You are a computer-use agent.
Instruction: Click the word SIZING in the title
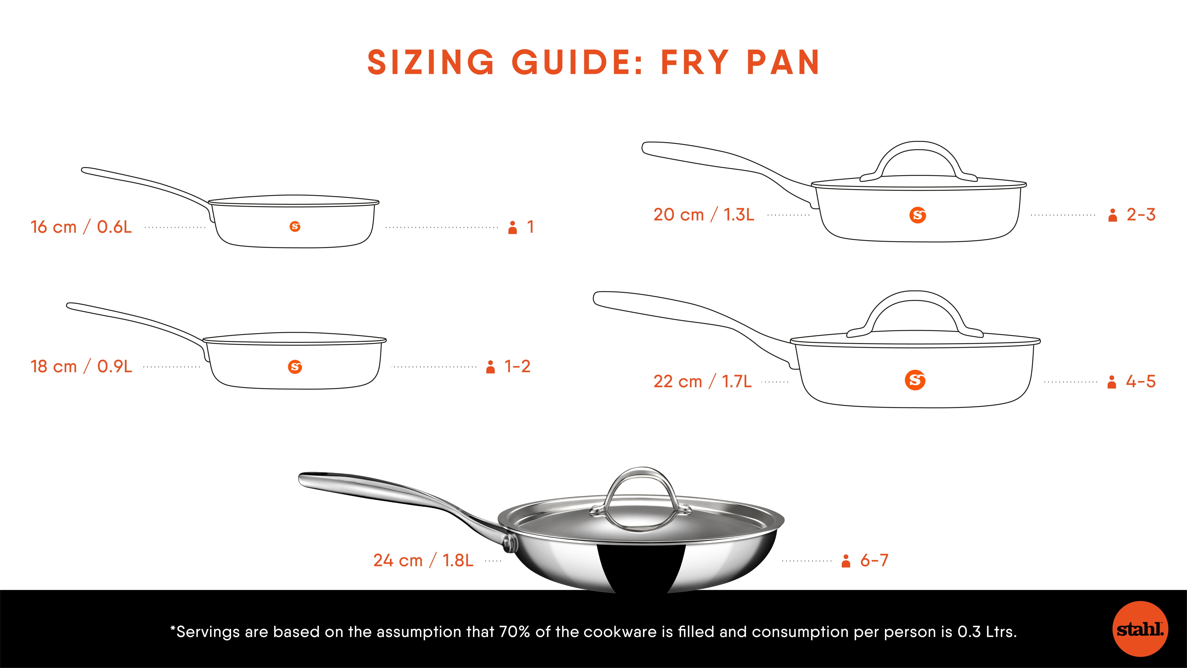431,62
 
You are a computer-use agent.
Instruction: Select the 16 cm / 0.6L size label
81,227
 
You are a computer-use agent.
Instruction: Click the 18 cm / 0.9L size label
81,367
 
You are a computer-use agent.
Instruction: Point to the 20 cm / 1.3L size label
704,214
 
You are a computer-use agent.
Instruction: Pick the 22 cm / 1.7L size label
702,381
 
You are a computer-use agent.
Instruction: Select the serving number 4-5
1140,381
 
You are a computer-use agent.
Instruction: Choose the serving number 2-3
1141,214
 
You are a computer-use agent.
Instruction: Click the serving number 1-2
517,367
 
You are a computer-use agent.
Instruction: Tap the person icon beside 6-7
846,561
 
